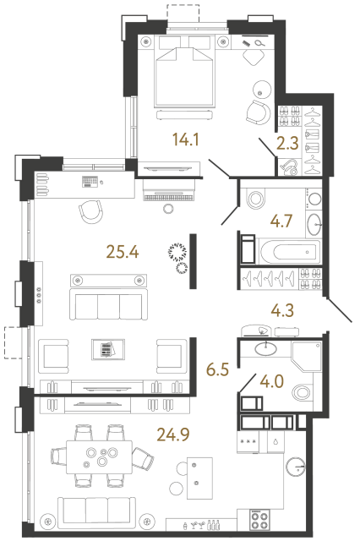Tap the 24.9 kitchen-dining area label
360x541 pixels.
(x=174, y=435)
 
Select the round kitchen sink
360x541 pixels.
(x=296, y=466)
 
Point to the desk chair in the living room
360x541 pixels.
(x=93, y=212)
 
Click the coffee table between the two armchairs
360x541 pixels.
(x=106, y=349)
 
